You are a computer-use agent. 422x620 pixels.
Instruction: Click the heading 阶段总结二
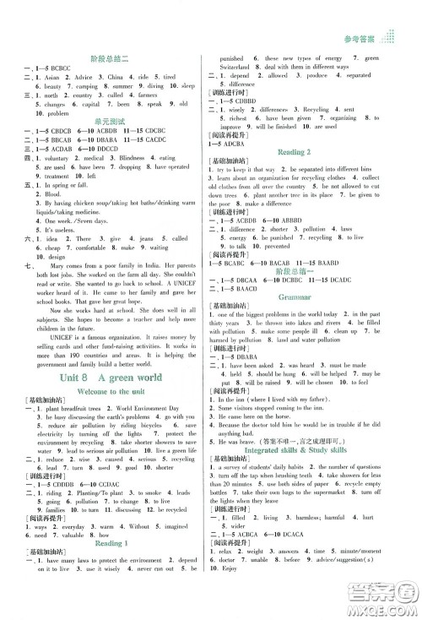click(115, 58)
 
